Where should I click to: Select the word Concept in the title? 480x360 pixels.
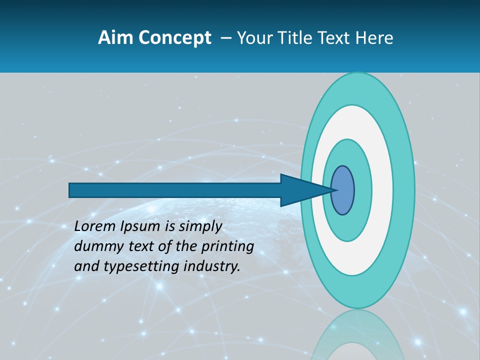click(174, 38)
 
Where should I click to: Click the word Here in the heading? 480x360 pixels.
click(374, 38)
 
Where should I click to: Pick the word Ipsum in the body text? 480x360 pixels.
click(140, 227)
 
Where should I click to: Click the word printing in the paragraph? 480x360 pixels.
click(226, 247)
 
